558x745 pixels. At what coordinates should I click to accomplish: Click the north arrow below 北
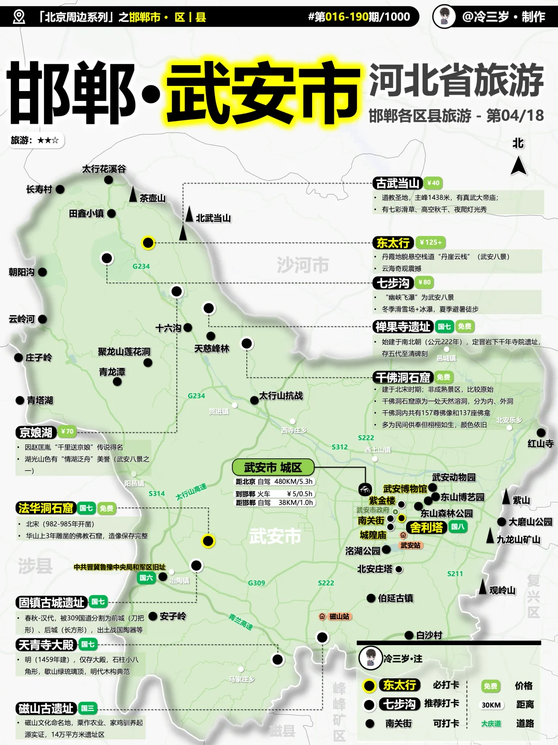pyautogui.click(x=519, y=166)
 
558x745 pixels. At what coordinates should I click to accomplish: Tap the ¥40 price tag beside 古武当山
pyautogui.click(x=433, y=183)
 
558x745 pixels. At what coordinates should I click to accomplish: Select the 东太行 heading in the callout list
pyautogui.click(x=393, y=243)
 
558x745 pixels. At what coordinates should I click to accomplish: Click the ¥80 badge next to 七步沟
pyautogui.click(x=424, y=282)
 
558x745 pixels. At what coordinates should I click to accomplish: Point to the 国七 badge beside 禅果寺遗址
pyautogui.click(x=444, y=326)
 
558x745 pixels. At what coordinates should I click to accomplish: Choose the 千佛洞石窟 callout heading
pyautogui.click(x=403, y=378)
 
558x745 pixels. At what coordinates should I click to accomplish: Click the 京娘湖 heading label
pyautogui.click(x=36, y=432)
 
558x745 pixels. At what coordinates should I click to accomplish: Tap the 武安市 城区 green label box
pyautogui.click(x=273, y=467)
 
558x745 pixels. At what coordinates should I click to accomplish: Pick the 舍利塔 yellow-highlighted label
pyautogui.click(x=426, y=527)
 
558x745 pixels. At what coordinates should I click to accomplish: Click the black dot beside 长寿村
pyautogui.click(x=60, y=189)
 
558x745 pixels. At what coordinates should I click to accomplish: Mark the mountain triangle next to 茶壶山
pyautogui.click(x=133, y=195)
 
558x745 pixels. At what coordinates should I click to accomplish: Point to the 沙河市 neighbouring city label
pyautogui.click(x=303, y=265)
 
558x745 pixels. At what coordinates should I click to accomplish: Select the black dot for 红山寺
pyautogui.click(x=541, y=433)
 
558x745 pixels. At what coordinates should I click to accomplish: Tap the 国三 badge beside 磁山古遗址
pyautogui.click(x=87, y=708)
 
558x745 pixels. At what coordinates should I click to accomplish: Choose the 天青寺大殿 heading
pyautogui.click(x=47, y=645)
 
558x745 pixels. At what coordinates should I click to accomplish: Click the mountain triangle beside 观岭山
pyautogui.click(x=482, y=587)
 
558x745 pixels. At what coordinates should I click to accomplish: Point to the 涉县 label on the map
pyautogui.click(x=35, y=565)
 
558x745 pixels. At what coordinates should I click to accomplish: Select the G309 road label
pyautogui.click(x=256, y=583)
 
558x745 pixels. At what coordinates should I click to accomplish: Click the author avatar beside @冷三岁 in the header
pyautogui.click(x=444, y=16)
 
